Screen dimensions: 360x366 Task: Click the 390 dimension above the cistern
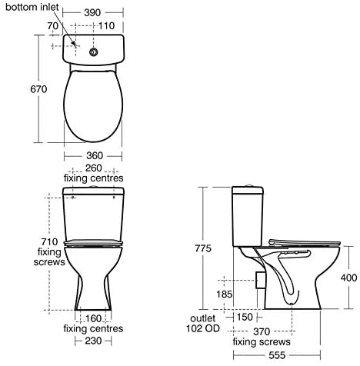click(92, 12)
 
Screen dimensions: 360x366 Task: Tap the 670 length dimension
click(38, 89)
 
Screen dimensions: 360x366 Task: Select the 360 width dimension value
click(95, 155)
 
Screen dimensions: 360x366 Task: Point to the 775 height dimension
click(203, 248)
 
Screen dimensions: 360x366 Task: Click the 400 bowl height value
click(348, 278)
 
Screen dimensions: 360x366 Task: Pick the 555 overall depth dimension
click(277, 355)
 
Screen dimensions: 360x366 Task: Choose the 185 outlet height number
click(225, 294)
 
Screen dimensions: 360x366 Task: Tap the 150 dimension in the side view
click(245, 317)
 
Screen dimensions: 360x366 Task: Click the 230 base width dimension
click(93, 341)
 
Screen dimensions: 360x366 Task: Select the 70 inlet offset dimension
click(53, 25)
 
